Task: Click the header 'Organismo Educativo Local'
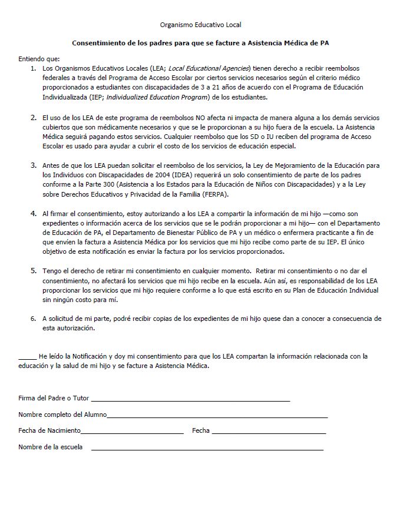tap(200, 25)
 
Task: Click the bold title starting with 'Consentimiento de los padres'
tap(200, 43)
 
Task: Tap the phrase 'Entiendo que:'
tap(39, 60)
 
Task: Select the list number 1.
tap(33, 69)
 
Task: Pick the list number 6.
tap(33, 318)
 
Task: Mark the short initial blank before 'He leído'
tap(27, 357)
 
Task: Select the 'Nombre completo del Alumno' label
tap(62, 415)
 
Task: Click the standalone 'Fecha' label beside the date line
tap(201, 430)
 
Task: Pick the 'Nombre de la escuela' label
tap(50, 447)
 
